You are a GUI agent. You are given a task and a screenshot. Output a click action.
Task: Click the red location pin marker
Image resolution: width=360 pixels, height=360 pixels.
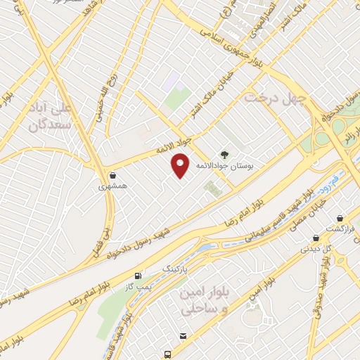tap(181, 165)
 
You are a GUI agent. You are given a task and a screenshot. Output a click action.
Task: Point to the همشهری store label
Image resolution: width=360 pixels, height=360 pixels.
tap(113, 187)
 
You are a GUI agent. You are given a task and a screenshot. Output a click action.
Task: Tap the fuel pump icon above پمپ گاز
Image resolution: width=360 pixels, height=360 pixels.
tap(139, 276)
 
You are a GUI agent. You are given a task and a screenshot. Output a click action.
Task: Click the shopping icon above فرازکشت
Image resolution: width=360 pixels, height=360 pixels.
tap(341, 219)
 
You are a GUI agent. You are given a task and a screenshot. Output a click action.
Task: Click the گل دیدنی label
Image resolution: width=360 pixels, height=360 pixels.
tap(314, 247)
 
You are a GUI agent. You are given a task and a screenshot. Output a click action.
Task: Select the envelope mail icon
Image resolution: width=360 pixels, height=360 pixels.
tap(184, 337)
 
